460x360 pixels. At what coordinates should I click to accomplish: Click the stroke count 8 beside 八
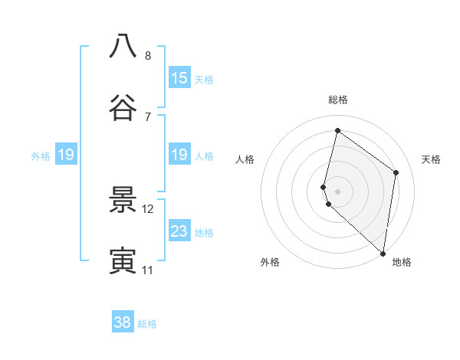148,55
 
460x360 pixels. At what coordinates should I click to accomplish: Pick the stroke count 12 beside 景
148,208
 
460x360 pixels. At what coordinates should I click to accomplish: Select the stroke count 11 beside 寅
148,270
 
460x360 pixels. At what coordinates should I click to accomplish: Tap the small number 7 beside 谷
148,116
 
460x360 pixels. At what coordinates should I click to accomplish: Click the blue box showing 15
179,78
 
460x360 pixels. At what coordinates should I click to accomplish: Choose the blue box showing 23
179,231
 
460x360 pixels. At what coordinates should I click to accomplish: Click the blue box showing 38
123,322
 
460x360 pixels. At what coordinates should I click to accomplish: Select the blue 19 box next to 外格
66,155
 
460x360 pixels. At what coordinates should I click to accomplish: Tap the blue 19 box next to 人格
179,155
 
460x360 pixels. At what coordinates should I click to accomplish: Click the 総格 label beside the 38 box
148,324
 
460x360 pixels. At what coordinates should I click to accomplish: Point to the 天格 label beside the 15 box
204,80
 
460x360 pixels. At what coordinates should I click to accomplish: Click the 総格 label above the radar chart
337,100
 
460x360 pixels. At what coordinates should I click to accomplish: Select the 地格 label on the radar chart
402,262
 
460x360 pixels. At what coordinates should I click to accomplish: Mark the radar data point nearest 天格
396,172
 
